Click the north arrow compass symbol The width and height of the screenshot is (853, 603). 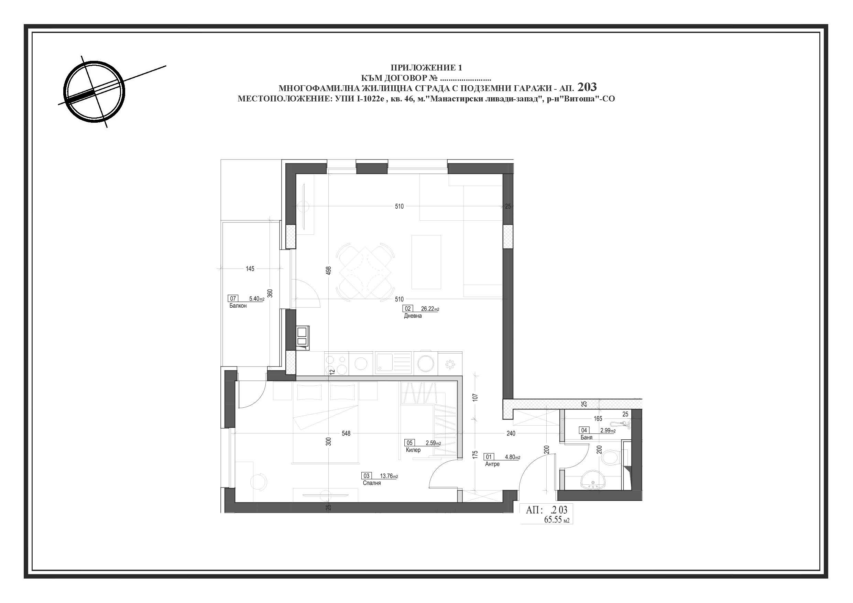[x=94, y=91]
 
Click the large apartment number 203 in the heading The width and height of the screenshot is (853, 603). [x=587, y=87]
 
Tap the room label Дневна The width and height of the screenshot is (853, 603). [x=413, y=316]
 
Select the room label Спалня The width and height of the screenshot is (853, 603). [x=372, y=483]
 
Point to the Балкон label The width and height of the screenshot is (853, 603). [x=238, y=306]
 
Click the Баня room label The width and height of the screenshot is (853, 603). [x=586, y=437]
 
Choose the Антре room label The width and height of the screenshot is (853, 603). [x=492, y=464]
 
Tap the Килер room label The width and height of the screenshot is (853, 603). [x=413, y=450]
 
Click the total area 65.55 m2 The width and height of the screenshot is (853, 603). [x=557, y=519]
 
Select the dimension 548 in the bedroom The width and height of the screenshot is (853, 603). [x=346, y=433]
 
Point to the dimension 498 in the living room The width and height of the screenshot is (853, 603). [x=328, y=271]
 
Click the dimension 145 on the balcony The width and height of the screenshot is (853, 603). [x=250, y=268]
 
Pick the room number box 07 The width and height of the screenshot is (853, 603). [x=233, y=298]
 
